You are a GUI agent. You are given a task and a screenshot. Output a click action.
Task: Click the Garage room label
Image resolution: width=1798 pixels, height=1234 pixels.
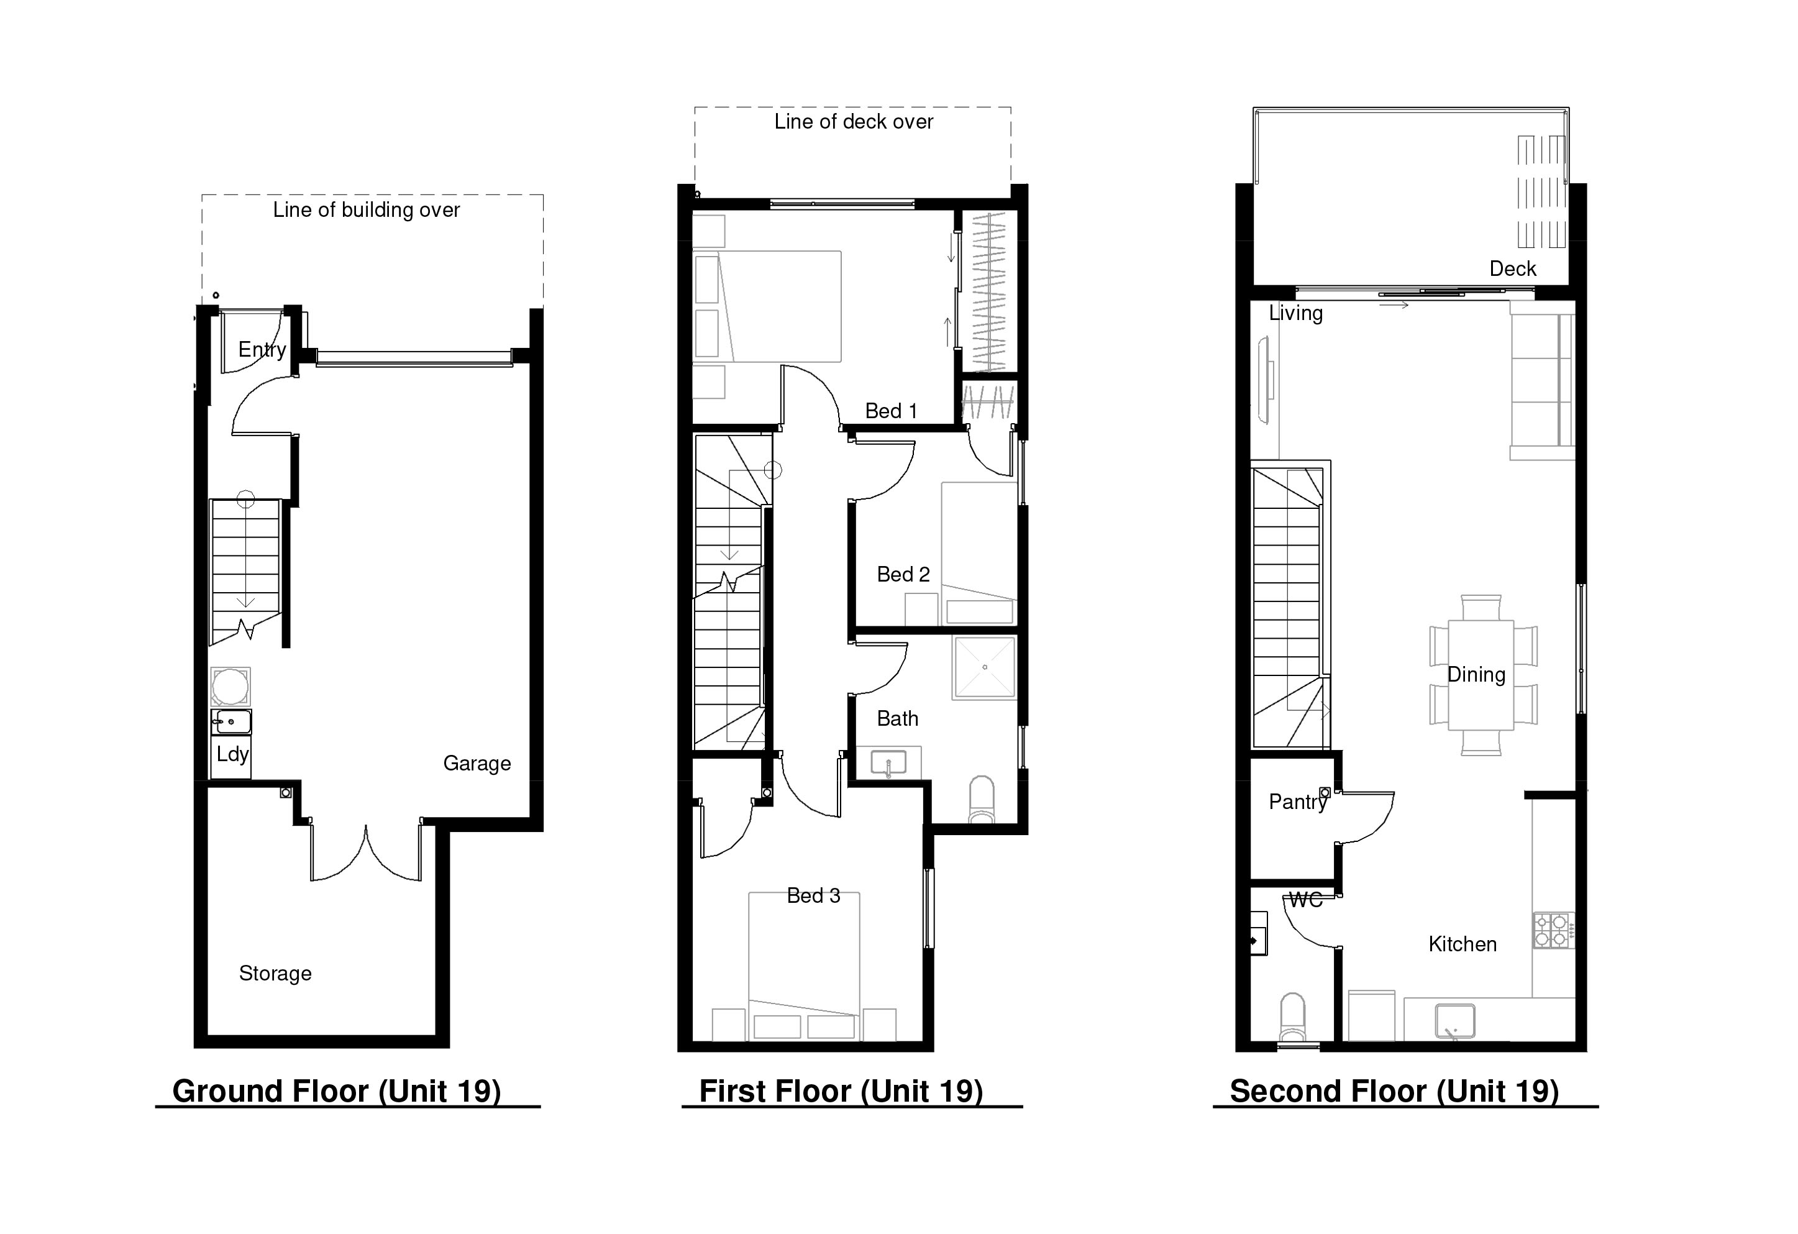[x=477, y=764]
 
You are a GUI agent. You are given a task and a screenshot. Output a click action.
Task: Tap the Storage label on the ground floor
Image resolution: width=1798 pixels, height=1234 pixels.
[x=275, y=973]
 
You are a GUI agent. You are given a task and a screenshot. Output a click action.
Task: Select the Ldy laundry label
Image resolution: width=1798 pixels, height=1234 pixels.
[x=232, y=754]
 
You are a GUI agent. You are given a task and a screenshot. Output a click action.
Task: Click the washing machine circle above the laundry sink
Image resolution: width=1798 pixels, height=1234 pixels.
[x=230, y=686]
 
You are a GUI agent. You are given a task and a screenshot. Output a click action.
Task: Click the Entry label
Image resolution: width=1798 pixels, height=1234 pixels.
[x=262, y=350]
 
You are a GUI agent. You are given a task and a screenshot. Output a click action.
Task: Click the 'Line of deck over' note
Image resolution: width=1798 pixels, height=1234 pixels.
[x=854, y=121]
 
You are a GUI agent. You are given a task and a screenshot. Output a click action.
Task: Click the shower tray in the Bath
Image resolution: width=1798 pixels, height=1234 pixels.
[x=984, y=667]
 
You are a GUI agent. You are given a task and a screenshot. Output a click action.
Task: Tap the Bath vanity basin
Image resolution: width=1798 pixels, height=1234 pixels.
[x=888, y=764]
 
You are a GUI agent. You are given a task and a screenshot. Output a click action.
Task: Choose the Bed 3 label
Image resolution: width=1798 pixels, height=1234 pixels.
[x=813, y=896]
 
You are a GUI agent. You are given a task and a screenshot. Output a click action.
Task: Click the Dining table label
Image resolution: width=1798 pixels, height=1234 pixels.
[x=1476, y=675]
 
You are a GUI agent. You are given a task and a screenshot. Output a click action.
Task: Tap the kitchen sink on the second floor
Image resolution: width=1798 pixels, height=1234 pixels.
[x=1454, y=1021]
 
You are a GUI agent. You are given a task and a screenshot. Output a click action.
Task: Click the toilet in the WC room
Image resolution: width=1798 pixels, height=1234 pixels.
[x=1293, y=1017]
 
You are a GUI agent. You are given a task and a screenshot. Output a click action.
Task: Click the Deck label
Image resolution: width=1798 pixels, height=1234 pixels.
[x=1512, y=269]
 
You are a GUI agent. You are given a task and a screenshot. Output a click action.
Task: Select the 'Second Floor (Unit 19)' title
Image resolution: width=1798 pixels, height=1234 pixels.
[x=1394, y=1092]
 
